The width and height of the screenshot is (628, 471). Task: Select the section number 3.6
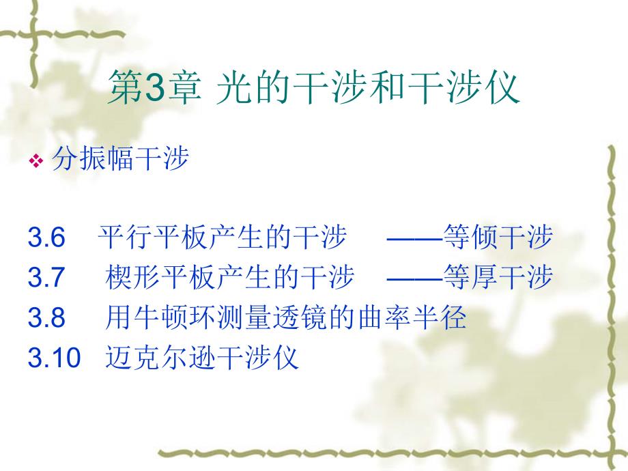(46, 238)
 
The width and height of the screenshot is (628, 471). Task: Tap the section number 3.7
(46, 278)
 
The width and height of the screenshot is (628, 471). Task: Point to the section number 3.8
(46, 317)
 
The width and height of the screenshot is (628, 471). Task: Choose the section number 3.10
(54, 357)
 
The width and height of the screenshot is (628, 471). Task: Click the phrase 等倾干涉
(498, 238)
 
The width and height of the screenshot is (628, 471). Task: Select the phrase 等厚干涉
(498, 278)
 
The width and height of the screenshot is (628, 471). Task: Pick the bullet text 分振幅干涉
(119, 161)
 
